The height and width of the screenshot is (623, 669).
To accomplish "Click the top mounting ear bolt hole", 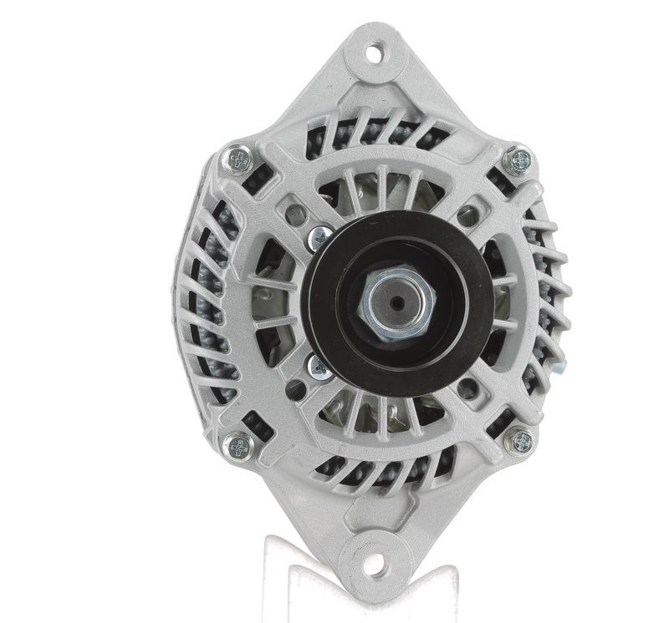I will [x=374, y=52].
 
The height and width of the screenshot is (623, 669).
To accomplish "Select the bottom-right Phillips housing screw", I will [x=520, y=440].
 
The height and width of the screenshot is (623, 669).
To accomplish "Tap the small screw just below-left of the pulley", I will [x=318, y=365].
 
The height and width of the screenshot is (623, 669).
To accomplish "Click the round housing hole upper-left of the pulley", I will [x=295, y=215].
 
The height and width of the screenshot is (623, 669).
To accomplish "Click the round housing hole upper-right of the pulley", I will [x=469, y=216].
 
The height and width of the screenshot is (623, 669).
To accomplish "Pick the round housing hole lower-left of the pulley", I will [x=295, y=389].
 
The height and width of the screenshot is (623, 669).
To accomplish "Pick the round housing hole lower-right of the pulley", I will [x=469, y=389].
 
